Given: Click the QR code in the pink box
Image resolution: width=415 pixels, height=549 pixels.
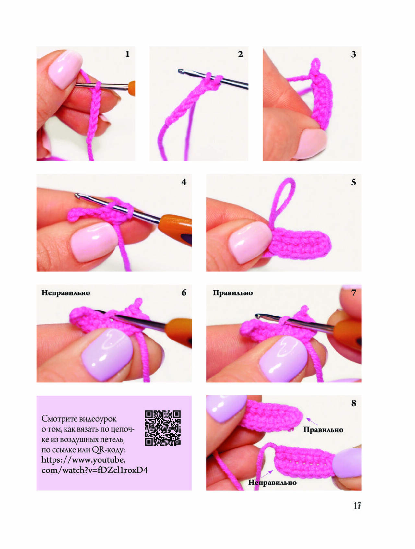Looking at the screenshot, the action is click(x=163, y=428).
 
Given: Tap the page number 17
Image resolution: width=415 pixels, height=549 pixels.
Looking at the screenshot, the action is click(x=357, y=506).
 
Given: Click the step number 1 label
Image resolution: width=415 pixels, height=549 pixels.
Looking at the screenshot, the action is click(x=127, y=54).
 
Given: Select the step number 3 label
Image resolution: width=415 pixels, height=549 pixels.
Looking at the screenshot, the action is click(x=353, y=54).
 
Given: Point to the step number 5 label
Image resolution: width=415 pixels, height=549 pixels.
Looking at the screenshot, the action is click(x=353, y=182).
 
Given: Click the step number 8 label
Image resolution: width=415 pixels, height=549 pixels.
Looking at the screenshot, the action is click(x=353, y=403).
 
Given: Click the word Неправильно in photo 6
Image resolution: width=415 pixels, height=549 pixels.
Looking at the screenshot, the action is click(x=66, y=293).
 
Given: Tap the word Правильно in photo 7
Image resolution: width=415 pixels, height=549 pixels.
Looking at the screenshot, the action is click(x=233, y=293).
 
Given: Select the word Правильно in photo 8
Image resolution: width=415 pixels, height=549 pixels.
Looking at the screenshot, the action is click(x=323, y=430).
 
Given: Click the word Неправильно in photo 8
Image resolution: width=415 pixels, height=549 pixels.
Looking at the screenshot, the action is click(x=272, y=483).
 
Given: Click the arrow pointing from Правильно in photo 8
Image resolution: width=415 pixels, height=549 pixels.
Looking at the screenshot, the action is click(x=312, y=421).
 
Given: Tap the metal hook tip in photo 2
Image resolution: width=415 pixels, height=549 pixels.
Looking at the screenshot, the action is click(x=181, y=71).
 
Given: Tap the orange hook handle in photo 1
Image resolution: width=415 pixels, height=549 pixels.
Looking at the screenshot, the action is click(x=131, y=88).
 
